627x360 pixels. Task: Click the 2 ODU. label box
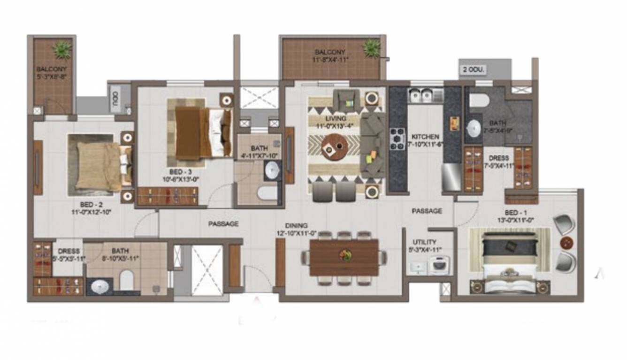pyautogui.click(x=474, y=70)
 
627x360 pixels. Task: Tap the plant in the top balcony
pyautogui.click(x=372, y=47)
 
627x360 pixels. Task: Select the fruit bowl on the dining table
pyautogui.click(x=345, y=255)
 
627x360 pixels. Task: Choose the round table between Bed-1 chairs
pyautogui.click(x=567, y=243)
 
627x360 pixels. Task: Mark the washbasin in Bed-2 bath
pyautogui.click(x=99, y=286)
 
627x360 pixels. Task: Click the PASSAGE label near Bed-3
pyautogui.click(x=223, y=224)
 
